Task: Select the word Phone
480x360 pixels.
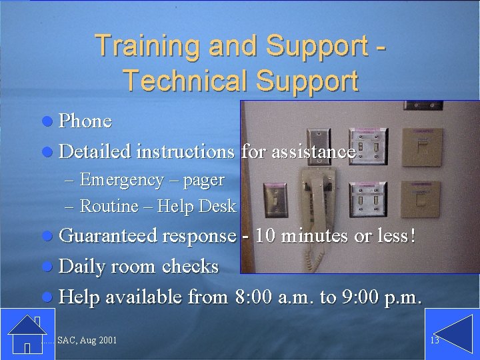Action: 85,121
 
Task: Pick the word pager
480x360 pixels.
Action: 204,180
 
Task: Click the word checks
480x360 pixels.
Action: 190,267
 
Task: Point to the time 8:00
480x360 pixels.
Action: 254,297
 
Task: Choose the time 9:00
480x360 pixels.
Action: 361,297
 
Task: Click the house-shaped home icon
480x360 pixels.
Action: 26,333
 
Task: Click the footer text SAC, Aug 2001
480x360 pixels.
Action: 87,341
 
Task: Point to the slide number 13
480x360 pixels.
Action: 435,341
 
